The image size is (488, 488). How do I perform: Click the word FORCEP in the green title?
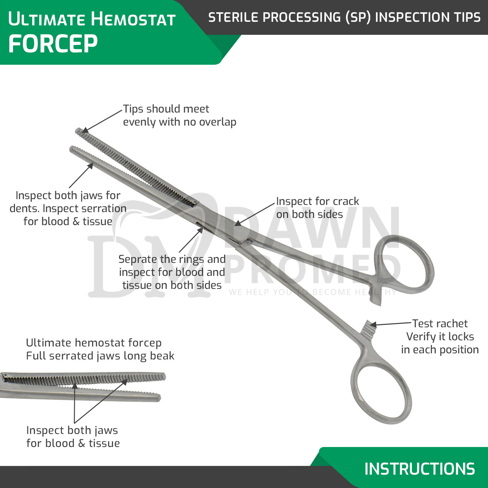tap(53, 44)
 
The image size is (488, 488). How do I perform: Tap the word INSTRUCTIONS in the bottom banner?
tap(419, 469)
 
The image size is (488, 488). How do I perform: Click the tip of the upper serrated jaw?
tap(78, 131)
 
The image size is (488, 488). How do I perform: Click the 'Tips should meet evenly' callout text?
tap(179, 115)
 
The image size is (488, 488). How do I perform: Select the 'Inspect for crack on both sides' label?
tap(317, 208)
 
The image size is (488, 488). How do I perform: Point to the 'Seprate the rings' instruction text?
tap(172, 272)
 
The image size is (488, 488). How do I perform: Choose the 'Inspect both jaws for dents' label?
tap(68, 208)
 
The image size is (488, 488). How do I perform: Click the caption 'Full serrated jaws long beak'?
tap(100, 356)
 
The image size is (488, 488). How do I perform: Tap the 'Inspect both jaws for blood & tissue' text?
tap(73, 437)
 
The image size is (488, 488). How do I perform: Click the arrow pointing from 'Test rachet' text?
tap(390, 324)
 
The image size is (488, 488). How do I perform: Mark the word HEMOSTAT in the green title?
tap(133, 19)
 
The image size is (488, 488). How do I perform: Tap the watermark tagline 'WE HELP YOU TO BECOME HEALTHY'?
tap(312, 292)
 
